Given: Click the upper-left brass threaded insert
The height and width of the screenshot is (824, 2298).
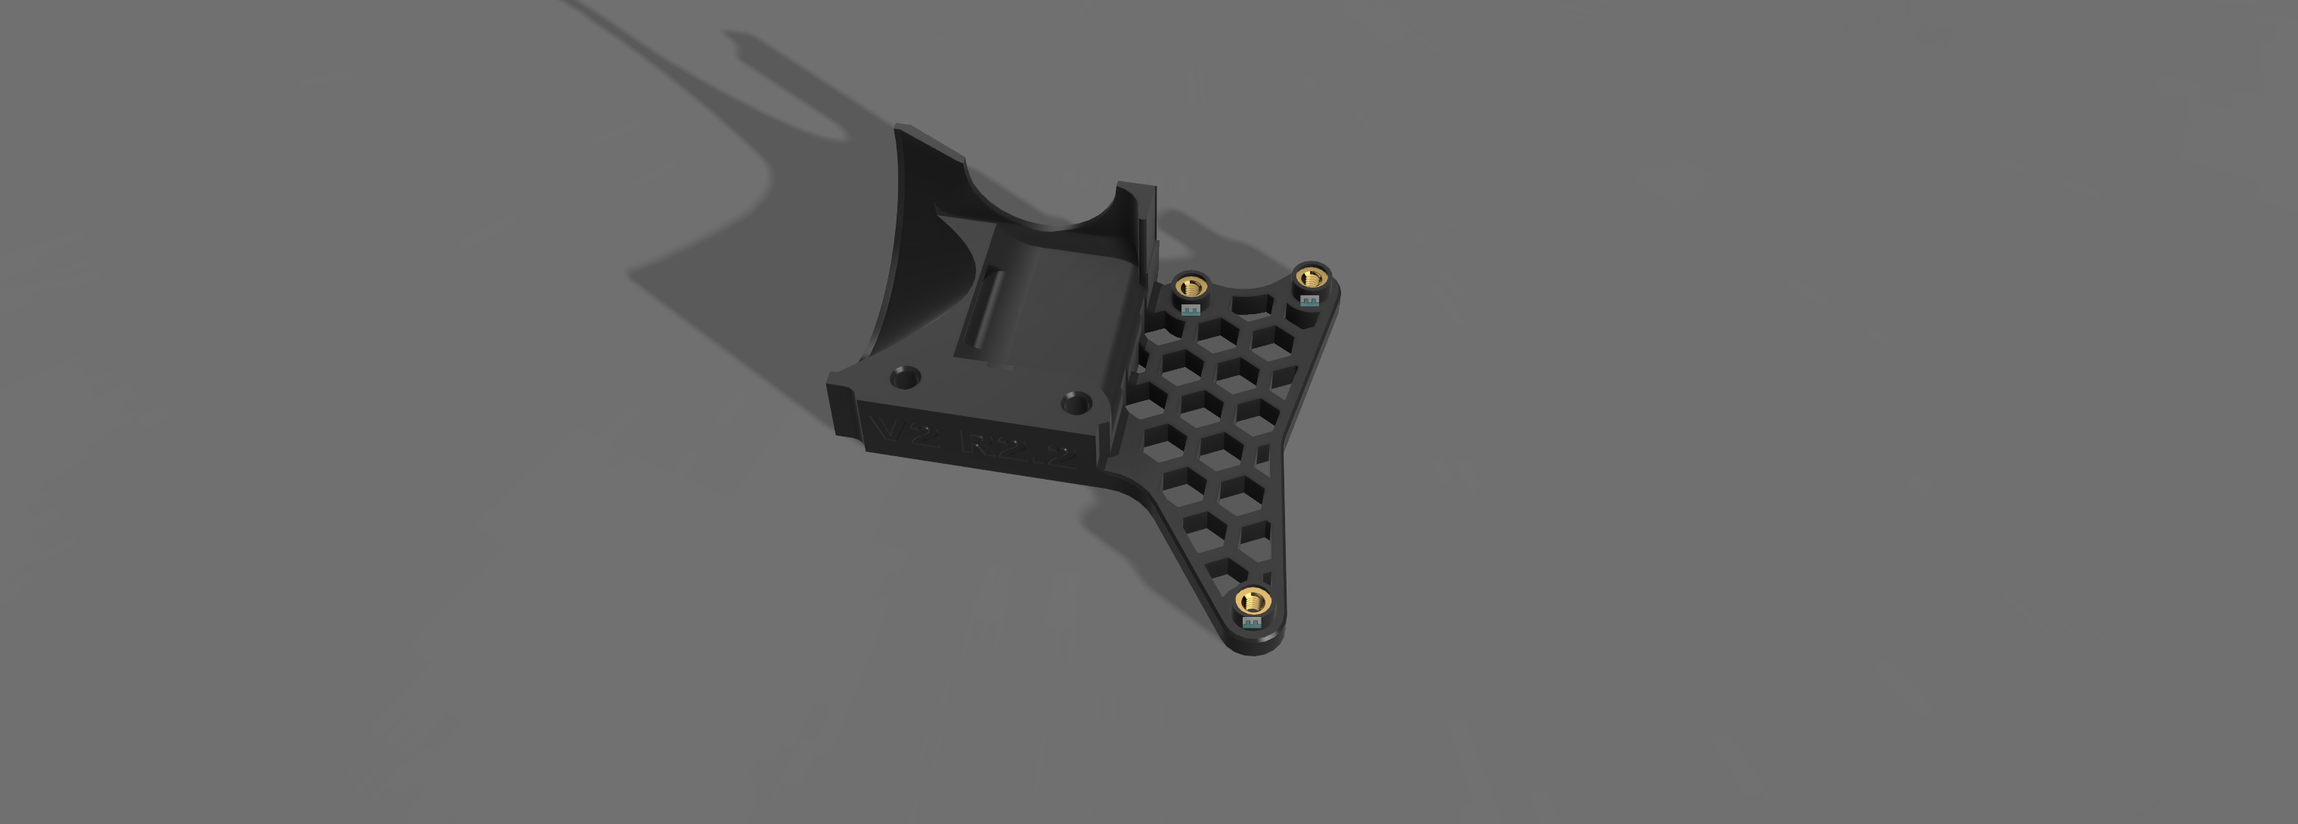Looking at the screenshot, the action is point(1190,287).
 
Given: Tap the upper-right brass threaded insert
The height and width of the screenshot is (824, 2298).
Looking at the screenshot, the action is point(1309,278).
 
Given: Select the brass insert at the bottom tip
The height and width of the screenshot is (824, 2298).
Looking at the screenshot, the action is point(1253,600).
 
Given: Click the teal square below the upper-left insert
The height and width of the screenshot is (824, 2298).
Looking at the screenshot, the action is point(1190,310).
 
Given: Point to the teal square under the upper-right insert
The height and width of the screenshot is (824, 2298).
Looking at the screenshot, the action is point(1309,301).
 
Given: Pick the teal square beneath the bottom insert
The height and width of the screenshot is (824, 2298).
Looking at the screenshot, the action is point(1253,622).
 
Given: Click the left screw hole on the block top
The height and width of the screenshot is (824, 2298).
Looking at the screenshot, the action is point(906,376).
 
